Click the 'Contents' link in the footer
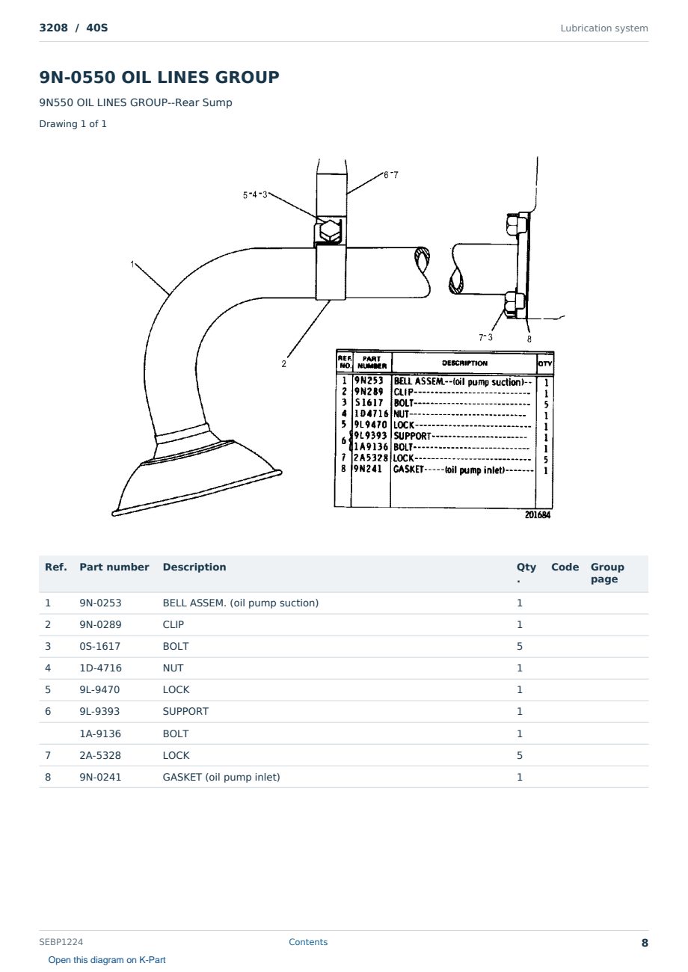[x=308, y=941]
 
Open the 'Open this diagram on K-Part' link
[x=107, y=959]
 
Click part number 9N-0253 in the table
[x=100, y=603]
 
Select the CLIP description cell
[x=173, y=624]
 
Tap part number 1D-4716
[x=100, y=668]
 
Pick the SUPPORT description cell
[x=185, y=711]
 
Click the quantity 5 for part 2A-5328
[x=520, y=755]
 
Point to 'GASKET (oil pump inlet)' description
[x=221, y=777]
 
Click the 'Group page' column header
[x=607, y=573]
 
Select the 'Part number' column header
[x=114, y=567]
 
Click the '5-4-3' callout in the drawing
[x=255, y=195]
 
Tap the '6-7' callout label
[x=390, y=175]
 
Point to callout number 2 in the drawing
[x=284, y=364]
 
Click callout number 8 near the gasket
[x=529, y=339]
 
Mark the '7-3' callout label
[x=486, y=337]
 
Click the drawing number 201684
[x=538, y=514]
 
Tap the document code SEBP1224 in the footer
[x=61, y=941]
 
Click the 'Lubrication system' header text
[x=604, y=28]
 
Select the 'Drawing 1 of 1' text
[x=73, y=123]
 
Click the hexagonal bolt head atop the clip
[x=330, y=230]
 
